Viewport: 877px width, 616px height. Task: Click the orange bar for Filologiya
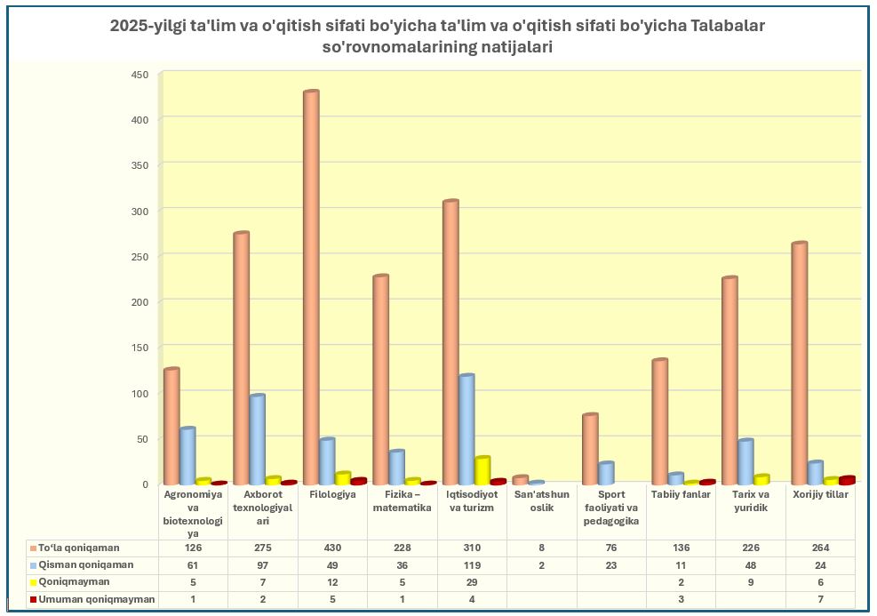tap(310, 284)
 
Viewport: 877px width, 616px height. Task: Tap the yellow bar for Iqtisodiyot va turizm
tap(482, 470)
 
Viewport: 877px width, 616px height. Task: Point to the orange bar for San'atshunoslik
tap(521, 480)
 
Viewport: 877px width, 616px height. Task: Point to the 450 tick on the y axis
tap(140, 74)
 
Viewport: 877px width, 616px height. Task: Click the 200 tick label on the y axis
tap(140, 301)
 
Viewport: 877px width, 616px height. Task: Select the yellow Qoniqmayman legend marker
tap(32, 582)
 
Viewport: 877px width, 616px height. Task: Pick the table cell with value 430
tap(332, 548)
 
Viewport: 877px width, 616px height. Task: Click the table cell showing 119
tap(472, 565)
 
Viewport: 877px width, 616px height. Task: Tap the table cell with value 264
tap(820, 548)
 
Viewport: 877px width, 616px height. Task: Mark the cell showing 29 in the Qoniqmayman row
tap(472, 582)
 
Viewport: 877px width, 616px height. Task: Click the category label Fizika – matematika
tap(402, 501)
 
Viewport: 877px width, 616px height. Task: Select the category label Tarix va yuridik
tap(750, 501)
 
